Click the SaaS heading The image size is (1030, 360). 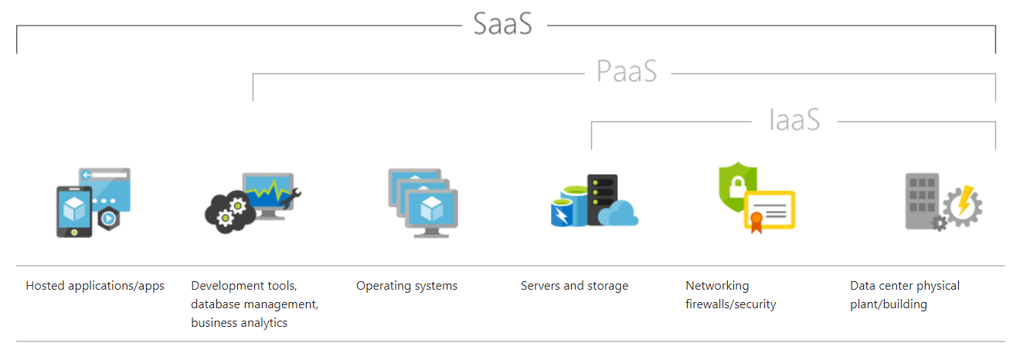502,24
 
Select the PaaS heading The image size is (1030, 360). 627,71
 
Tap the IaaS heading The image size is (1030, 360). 794,120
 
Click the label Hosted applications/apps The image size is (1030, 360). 95,286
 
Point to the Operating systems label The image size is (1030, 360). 407,286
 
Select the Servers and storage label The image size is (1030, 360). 574,286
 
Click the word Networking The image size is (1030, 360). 717,286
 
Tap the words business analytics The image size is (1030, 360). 239,323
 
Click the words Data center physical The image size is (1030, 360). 905,286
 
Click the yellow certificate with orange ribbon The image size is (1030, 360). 770,211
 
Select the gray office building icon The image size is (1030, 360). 922,201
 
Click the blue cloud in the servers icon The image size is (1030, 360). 618,213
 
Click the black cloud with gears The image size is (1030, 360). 230,212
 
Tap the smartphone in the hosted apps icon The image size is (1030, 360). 74,212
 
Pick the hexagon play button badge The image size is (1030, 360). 109,219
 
